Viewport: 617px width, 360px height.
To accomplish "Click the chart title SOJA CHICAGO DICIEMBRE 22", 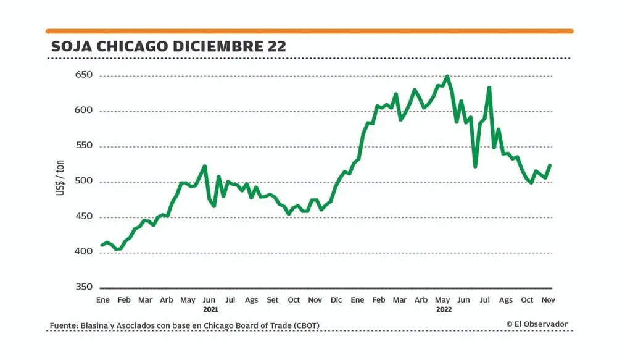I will (168, 47).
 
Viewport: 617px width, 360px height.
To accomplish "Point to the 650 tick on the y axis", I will (84, 75).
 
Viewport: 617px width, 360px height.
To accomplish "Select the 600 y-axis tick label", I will (84, 111).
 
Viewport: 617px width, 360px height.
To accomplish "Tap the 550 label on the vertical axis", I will (84, 146).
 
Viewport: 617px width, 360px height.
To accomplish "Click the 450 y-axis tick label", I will (84, 217).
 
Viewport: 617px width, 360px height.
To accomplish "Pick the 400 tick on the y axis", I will (84, 252).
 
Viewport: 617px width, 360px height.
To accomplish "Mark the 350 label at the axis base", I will (84, 287).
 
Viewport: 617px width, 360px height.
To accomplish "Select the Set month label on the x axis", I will (272, 300).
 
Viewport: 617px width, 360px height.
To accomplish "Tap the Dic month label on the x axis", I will (336, 300).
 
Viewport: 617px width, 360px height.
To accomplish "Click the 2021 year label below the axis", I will (210, 309).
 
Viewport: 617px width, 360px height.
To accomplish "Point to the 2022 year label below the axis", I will (444, 309).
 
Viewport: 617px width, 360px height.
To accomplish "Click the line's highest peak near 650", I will (447, 77).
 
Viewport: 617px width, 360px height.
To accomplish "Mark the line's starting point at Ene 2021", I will (102, 245).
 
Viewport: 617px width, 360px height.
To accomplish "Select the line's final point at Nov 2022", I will (549, 165).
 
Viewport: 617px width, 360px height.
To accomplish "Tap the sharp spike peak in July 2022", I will (489, 88).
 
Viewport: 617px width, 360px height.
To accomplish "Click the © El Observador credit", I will (537, 324).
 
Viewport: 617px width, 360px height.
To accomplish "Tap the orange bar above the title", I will (309, 31).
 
